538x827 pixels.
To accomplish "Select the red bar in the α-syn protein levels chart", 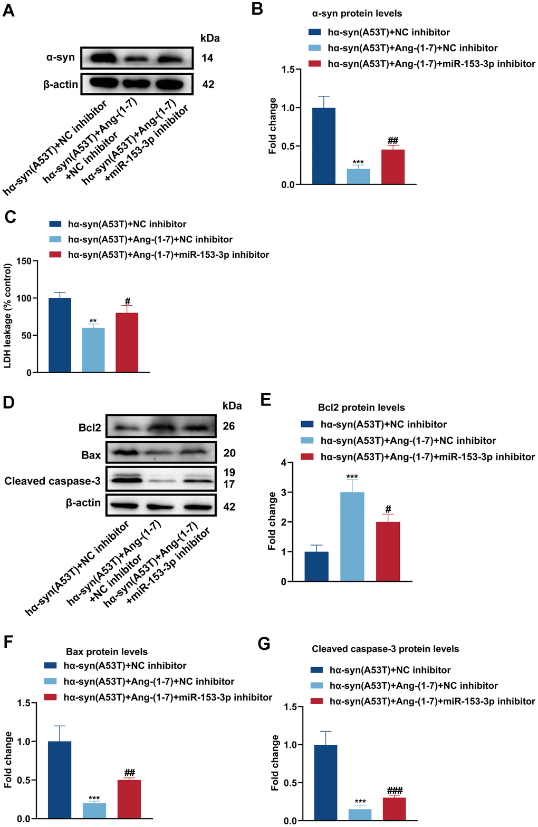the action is pyautogui.click(x=393, y=167).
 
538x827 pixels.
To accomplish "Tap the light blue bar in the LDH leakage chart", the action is pyautogui.click(x=93, y=350).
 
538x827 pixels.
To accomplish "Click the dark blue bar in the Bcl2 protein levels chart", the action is pyautogui.click(x=316, y=566).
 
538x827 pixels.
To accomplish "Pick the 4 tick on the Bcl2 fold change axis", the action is pyautogui.click(x=283, y=462).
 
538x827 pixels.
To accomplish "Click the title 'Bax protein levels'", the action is pyautogui.click(x=107, y=651).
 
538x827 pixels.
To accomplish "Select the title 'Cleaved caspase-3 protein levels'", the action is pyautogui.click(x=386, y=649).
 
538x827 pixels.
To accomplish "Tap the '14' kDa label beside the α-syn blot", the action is pyautogui.click(x=207, y=58).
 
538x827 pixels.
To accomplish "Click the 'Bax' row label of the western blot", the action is pyautogui.click(x=91, y=455).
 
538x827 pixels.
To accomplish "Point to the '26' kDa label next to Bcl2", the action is pyautogui.click(x=229, y=426).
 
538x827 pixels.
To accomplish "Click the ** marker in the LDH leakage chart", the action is pyautogui.click(x=93, y=320).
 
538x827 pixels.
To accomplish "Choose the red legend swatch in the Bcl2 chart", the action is pyautogui.click(x=307, y=456).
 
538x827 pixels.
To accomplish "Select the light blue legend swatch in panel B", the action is pyautogui.click(x=314, y=48).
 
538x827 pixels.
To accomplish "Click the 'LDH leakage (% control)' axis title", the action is pyautogui.click(x=8, y=316).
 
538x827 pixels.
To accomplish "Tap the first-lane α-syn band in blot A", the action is pyautogui.click(x=103, y=59).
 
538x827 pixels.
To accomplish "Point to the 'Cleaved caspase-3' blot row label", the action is pyautogui.click(x=52, y=481).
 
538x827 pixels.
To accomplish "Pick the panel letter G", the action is pyautogui.click(x=264, y=644).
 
